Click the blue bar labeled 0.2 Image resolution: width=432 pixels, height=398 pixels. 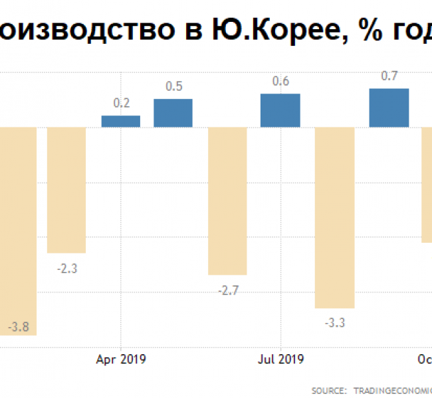coord(121,121)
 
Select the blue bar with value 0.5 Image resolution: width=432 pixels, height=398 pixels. coord(173,113)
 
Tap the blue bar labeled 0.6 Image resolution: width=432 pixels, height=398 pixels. coord(280,110)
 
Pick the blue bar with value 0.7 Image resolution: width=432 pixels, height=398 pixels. coord(389,107)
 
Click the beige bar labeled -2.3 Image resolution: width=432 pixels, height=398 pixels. coord(66,190)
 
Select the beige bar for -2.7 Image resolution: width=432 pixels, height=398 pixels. coord(227,200)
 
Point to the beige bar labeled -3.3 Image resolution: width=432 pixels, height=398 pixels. coord(334,217)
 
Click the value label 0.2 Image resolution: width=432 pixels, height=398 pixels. coord(122,103)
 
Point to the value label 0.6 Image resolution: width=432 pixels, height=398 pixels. coord(280,82)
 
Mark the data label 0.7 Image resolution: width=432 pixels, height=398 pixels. coord(389,76)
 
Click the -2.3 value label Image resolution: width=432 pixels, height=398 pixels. coord(66,269)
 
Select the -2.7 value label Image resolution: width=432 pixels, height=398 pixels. coord(227,291)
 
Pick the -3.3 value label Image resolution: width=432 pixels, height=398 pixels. coord(334,323)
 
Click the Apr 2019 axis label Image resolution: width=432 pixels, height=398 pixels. coord(121,359)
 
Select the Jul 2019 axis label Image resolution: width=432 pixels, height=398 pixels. coord(280,359)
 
